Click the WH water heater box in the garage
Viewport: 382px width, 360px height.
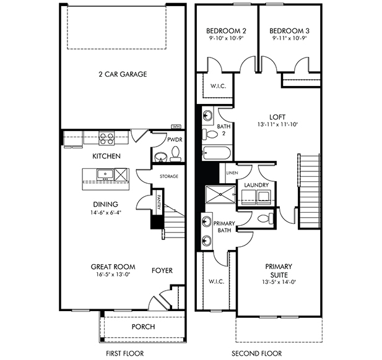tap(176, 127)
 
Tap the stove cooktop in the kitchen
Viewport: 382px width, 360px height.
tap(106, 139)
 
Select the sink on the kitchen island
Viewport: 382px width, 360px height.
tap(105, 174)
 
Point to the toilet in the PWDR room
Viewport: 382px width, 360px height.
tap(175, 154)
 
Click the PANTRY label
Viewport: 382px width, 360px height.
tap(158, 202)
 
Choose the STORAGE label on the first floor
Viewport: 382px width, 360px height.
tap(169, 176)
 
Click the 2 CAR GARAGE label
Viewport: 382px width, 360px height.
tap(123, 74)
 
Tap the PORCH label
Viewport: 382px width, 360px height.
tap(143, 327)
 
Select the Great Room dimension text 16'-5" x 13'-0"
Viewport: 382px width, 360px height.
tap(113, 274)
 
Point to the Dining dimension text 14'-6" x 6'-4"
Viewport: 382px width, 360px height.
tap(106, 212)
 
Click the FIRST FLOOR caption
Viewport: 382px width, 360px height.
tap(124, 353)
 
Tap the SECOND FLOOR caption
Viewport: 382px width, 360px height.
tap(256, 353)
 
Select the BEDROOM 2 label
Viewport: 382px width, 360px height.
tap(226, 31)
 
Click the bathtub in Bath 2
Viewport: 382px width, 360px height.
tap(216, 153)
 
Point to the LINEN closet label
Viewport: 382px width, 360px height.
tap(232, 173)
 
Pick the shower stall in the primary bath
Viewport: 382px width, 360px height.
tap(220, 194)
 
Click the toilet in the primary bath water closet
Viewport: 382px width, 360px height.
tap(266, 218)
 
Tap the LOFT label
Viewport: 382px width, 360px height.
tap(277, 117)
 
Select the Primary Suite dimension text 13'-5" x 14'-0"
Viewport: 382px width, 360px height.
tap(279, 282)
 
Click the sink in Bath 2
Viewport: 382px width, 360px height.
tap(207, 114)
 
